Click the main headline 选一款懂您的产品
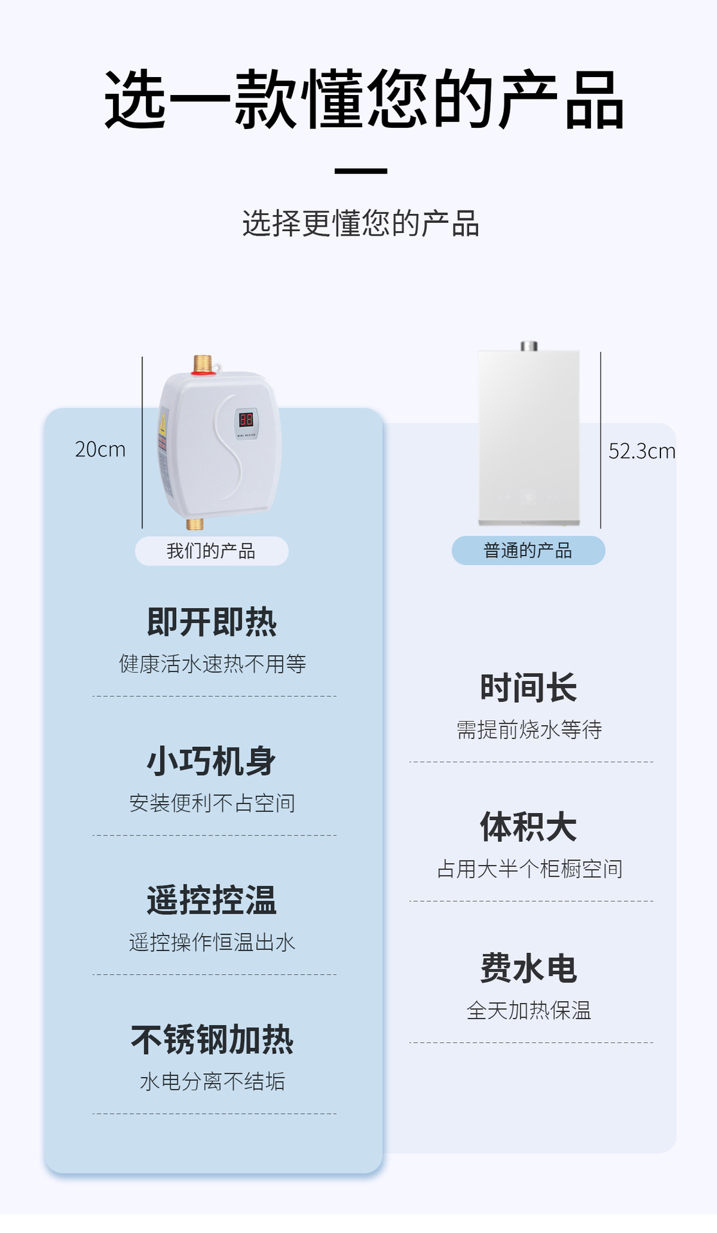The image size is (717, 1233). (x=364, y=100)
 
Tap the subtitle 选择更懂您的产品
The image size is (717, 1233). (x=360, y=223)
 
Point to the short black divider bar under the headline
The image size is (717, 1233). (x=360, y=171)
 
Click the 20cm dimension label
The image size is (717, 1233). (x=100, y=450)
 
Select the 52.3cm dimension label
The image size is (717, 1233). (x=641, y=451)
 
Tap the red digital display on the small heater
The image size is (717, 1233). (x=246, y=420)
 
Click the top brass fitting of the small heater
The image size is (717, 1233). (x=202, y=364)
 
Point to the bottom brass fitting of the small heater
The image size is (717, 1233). (x=195, y=523)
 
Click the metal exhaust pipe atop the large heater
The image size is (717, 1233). (x=529, y=346)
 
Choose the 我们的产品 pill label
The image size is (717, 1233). (x=211, y=551)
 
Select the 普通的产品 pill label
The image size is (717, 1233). (x=528, y=550)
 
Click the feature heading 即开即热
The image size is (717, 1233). (x=212, y=622)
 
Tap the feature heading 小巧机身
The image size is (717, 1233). (x=212, y=761)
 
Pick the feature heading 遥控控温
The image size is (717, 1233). (x=212, y=900)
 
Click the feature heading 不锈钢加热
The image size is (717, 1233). (x=212, y=1039)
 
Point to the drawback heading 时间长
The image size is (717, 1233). (x=529, y=688)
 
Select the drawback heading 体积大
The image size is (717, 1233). (x=529, y=826)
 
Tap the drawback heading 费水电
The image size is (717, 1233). (x=529, y=968)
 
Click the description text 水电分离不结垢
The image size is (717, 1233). (x=212, y=1081)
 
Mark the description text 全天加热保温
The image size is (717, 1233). (x=529, y=1010)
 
